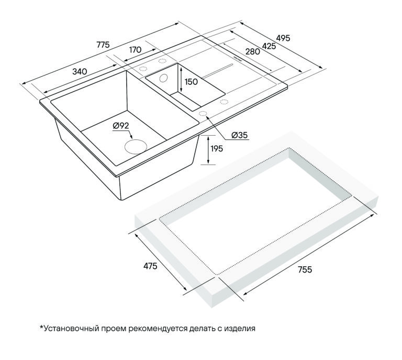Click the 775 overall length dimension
point(103,45)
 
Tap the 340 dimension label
point(80,71)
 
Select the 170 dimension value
point(135,50)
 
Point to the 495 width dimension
point(283,38)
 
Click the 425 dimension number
point(269,46)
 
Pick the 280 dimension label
point(253,51)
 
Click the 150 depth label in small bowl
point(191,82)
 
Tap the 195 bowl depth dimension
point(217,149)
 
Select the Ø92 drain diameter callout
point(121,126)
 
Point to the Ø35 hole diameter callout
point(240,135)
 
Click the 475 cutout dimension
point(150,266)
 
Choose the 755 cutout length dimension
point(305,270)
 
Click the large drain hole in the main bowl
point(136,147)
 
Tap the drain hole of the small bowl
point(163,78)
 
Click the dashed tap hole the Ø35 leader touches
point(203,114)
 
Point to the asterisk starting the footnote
point(41,327)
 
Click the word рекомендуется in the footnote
point(158,329)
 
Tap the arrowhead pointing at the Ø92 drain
point(131,137)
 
